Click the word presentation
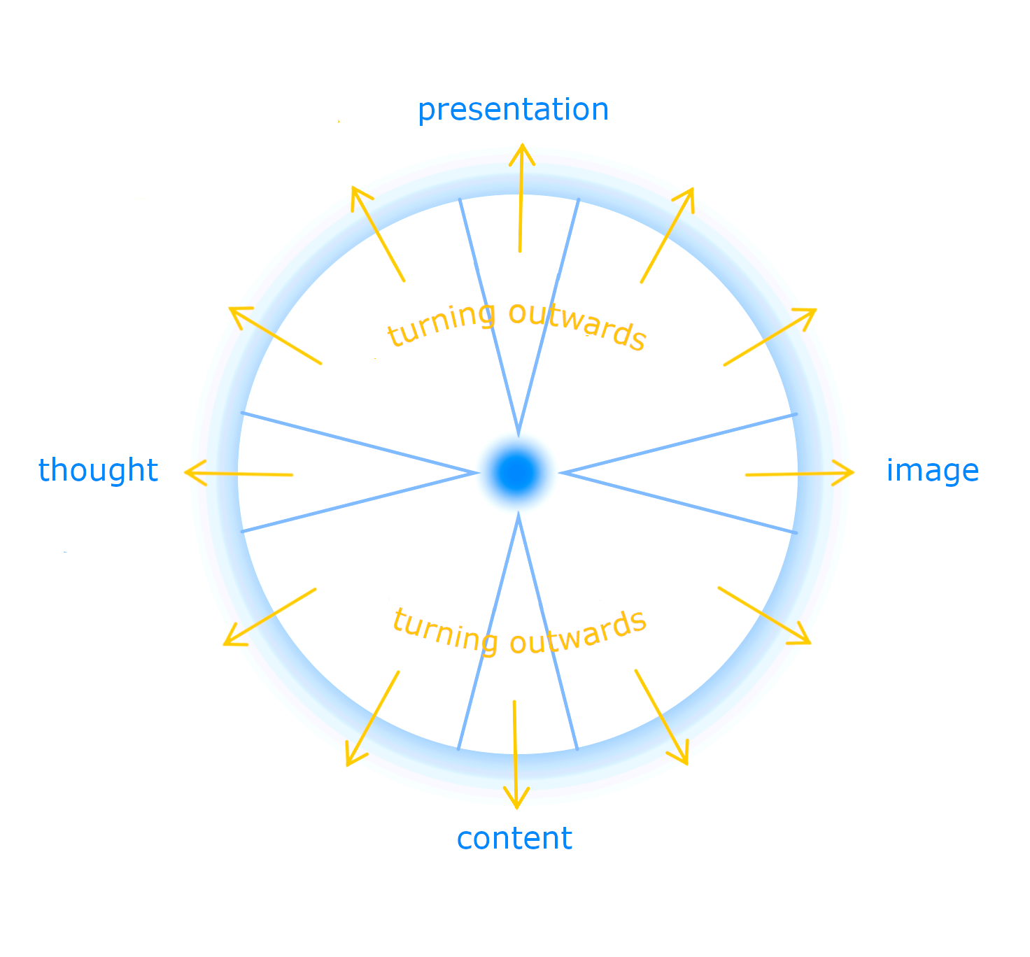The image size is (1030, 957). tap(513, 110)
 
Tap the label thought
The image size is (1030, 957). tap(98, 470)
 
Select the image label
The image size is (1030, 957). tap(932, 471)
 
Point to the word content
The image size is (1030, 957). tap(514, 838)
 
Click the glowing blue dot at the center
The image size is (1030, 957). tap(516, 472)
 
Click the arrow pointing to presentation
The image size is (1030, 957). tap(521, 199)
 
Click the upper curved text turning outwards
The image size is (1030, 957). tap(516, 324)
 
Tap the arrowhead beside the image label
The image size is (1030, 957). tap(852, 473)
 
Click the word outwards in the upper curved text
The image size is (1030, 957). tap(577, 325)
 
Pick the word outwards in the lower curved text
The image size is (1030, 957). tap(578, 632)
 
